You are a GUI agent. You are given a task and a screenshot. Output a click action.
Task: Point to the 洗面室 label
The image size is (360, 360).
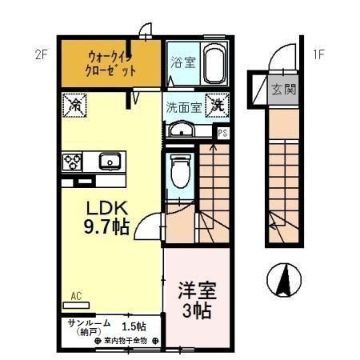pyautogui.click(x=182, y=106)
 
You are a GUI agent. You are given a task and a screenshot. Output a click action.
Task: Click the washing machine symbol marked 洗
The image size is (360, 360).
pyautogui.click(x=217, y=104)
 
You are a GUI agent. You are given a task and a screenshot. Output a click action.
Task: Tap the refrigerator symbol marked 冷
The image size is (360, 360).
pyautogui.click(x=74, y=104)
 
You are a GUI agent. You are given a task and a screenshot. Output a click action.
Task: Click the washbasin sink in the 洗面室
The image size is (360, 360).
pyautogui.click(x=181, y=131)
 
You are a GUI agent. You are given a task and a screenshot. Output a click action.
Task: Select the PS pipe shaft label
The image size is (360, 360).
pyautogui.click(x=222, y=134)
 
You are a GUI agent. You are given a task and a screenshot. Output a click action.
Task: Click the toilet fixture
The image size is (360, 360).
pyautogui.click(x=180, y=173)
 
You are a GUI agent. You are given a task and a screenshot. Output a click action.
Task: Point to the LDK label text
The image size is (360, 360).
pyautogui.click(x=107, y=206)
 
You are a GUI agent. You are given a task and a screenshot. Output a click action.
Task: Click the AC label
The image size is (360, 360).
pyautogui.click(x=76, y=295)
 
